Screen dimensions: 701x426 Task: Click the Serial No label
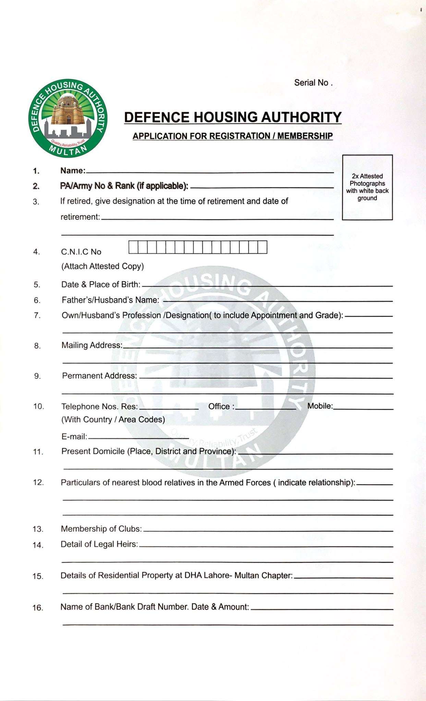click(x=313, y=83)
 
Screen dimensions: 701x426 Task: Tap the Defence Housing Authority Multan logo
click(x=68, y=118)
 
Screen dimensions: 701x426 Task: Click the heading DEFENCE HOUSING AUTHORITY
click(x=233, y=117)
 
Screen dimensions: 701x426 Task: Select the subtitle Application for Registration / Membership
click(x=233, y=136)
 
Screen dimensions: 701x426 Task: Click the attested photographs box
click(x=367, y=187)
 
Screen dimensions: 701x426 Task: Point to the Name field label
click(x=73, y=170)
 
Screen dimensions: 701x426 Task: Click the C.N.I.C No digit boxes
click(x=198, y=247)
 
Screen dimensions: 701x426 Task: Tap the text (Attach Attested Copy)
click(x=102, y=266)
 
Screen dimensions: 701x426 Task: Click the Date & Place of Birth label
click(x=101, y=284)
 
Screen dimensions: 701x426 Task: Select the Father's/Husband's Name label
click(x=110, y=300)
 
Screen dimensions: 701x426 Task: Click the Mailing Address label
click(x=92, y=345)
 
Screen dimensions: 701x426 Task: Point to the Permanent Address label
click(x=99, y=376)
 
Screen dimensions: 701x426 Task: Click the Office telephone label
click(x=221, y=406)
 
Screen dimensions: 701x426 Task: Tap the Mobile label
click(x=320, y=406)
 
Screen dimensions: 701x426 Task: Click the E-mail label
click(x=74, y=436)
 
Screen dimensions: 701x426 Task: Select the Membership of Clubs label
click(x=101, y=529)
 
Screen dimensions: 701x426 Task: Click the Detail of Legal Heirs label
click(x=99, y=544)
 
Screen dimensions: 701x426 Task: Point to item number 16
click(x=38, y=608)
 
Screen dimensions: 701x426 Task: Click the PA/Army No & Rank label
click(x=124, y=186)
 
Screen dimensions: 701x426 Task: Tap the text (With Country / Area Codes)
click(x=113, y=420)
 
